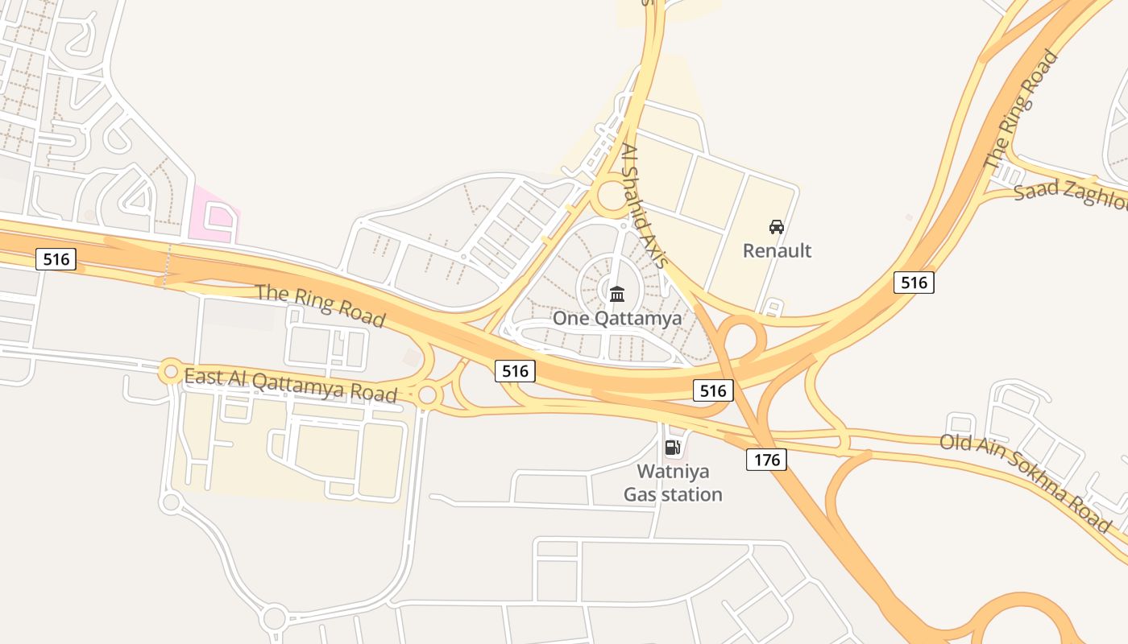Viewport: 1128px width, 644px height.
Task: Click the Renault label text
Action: pyautogui.click(x=777, y=250)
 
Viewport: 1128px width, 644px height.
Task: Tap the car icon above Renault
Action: pyautogui.click(x=777, y=227)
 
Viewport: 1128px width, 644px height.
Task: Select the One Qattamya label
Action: pyautogui.click(x=617, y=318)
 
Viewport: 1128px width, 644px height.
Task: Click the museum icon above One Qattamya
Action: pyautogui.click(x=617, y=294)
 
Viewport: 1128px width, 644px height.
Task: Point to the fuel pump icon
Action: pyautogui.click(x=672, y=448)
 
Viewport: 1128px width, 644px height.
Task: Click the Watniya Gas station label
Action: pyautogui.click(x=673, y=482)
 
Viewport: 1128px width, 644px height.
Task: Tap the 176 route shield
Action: pyautogui.click(x=766, y=460)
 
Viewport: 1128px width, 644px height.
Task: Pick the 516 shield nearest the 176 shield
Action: pyautogui.click(x=713, y=391)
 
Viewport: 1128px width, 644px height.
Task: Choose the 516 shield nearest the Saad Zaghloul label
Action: pyautogui.click(x=914, y=283)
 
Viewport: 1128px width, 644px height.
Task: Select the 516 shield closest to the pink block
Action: pyautogui.click(x=56, y=259)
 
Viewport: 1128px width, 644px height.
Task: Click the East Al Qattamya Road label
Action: pyautogui.click(x=291, y=385)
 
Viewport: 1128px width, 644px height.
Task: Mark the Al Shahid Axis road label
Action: pyautogui.click(x=645, y=206)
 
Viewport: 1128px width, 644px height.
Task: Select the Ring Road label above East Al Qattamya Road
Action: pyautogui.click(x=320, y=304)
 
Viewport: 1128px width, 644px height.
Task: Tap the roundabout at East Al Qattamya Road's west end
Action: pyautogui.click(x=170, y=371)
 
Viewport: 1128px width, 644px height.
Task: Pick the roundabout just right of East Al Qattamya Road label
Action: pyautogui.click(x=428, y=395)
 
